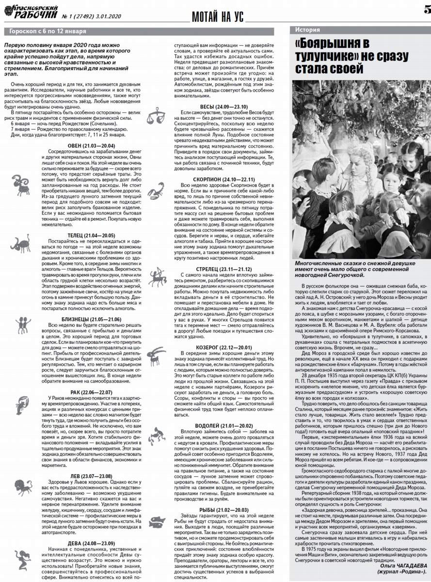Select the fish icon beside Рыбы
(x=157, y=521)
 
